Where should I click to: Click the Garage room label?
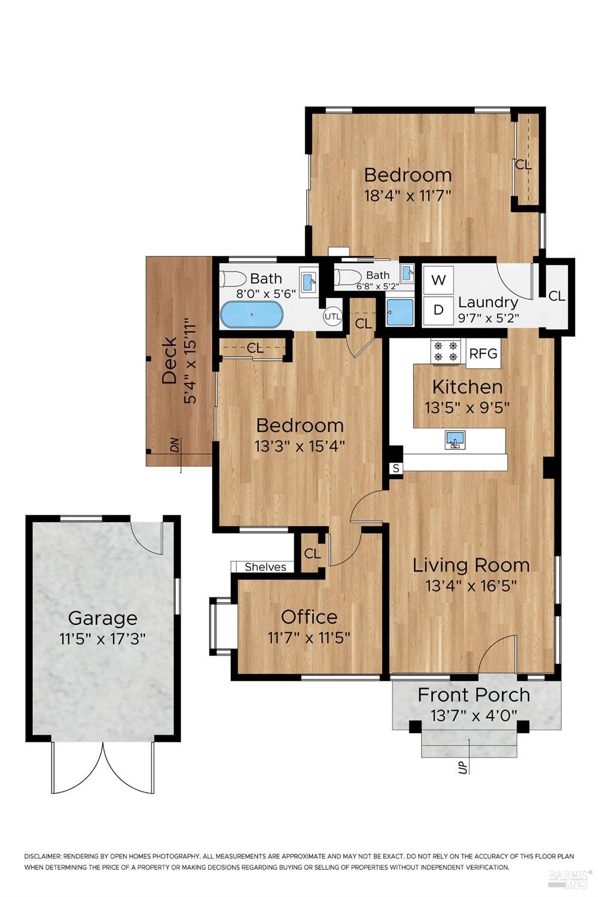pos(102,618)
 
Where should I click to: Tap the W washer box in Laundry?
pos(438,280)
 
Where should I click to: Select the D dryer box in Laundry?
pos(438,310)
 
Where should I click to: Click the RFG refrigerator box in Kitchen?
pos(483,353)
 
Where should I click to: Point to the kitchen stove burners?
pos(446,352)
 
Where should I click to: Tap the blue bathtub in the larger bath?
pos(251,315)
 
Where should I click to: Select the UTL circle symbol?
pos(332,316)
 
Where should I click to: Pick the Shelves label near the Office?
pos(265,567)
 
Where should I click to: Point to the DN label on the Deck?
pos(174,445)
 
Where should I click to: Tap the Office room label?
pos(309,617)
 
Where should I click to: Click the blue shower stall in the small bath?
pos(399,312)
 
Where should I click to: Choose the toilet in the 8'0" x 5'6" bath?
pos(234,279)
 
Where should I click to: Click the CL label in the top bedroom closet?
pos(523,164)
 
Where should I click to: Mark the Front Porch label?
pos(474,695)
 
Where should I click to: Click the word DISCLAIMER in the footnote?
pos(42,856)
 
